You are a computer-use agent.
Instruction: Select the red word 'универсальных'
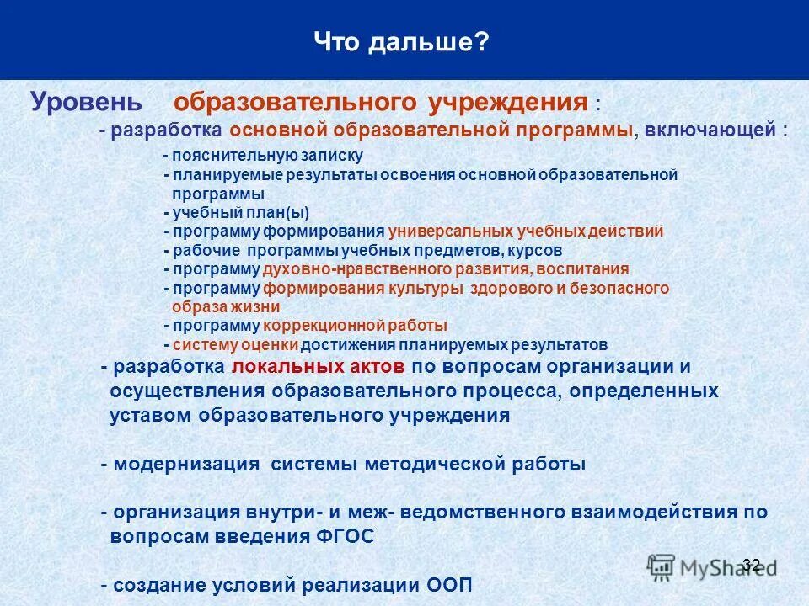[445, 231]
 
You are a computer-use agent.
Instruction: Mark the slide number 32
[752, 564]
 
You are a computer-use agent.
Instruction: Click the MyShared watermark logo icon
[662, 566]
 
